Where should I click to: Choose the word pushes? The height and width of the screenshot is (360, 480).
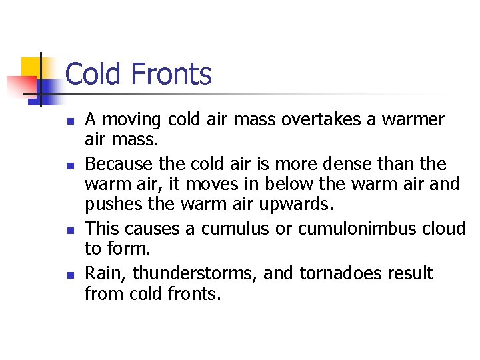click(x=109, y=202)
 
